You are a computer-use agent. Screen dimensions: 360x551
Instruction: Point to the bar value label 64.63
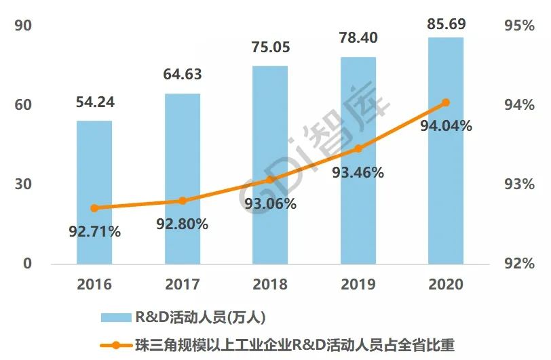point(183,75)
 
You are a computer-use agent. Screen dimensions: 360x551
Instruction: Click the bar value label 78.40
point(358,38)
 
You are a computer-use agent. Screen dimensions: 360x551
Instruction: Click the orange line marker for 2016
point(94,208)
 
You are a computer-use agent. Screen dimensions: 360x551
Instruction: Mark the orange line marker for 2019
point(358,148)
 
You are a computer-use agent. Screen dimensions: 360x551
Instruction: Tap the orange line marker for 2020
point(446,103)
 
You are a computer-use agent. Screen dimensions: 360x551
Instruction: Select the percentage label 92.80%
point(183,224)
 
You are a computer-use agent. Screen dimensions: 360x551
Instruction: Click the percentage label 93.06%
point(271,203)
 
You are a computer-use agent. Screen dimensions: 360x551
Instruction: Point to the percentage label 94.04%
point(446,125)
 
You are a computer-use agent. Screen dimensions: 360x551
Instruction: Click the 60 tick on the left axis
point(23,105)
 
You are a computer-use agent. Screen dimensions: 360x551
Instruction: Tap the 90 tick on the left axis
point(23,26)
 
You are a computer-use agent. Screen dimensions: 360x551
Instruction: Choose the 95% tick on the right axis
point(520,26)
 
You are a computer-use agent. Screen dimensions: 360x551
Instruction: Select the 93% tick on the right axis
point(520,184)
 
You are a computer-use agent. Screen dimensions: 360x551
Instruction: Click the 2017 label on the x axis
point(183,283)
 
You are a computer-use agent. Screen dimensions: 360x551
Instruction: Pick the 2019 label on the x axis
point(358,283)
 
